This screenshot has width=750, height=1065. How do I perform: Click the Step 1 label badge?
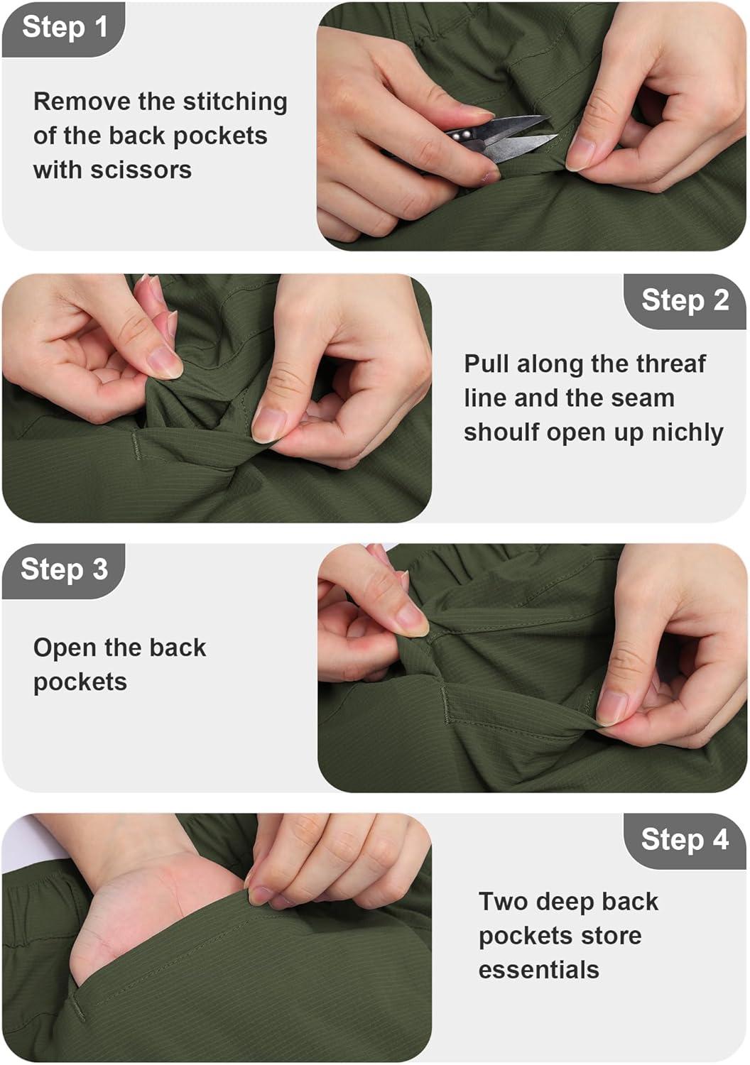tap(63, 30)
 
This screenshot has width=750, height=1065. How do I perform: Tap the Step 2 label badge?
tap(685, 301)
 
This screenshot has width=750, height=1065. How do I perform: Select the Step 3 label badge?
tap(63, 571)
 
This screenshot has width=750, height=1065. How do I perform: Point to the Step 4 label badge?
tap(685, 841)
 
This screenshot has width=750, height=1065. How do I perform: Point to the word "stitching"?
tap(235, 103)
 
